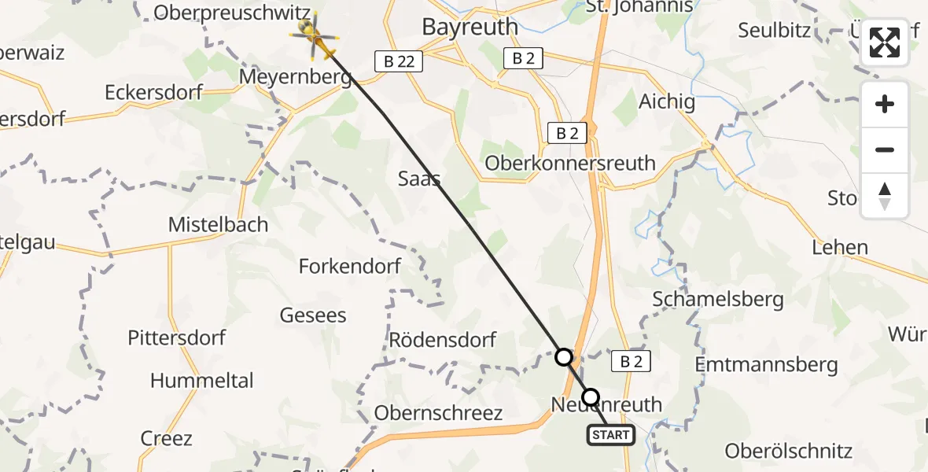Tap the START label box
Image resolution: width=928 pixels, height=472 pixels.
(x=611, y=434)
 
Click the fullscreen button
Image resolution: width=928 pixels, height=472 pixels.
(x=885, y=42)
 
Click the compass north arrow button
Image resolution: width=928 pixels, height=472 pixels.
(x=885, y=196)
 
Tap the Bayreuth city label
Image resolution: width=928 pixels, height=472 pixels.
(x=470, y=26)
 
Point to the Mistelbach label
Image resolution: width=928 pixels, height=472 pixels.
(x=218, y=224)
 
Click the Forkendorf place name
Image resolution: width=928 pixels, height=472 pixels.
(x=350, y=266)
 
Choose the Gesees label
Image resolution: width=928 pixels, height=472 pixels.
(x=313, y=315)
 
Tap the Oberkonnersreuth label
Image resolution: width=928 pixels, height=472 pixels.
(x=570, y=163)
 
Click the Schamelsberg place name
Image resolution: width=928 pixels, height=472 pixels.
(x=718, y=299)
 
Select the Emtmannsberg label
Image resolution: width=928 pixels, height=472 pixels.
(x=767, y=364)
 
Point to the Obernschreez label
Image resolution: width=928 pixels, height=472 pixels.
(x=438, y=413)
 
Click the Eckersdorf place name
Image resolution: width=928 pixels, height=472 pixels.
(x=153, y=92)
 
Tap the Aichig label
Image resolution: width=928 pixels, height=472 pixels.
(x=667, y=101)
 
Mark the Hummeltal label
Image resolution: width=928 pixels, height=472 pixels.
(x=201, y=381)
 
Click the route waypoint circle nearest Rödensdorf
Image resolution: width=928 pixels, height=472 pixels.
(x=564, y=357)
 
